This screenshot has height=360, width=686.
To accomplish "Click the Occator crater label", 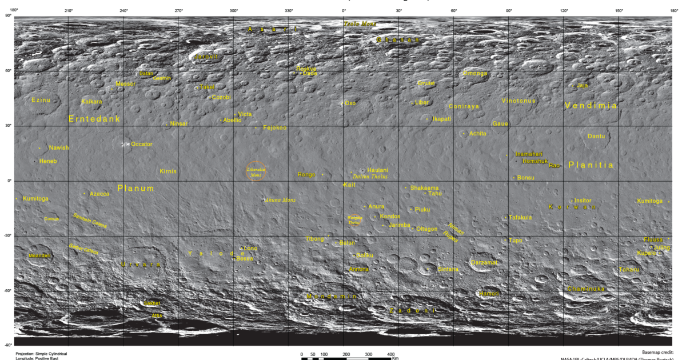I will [x=142, y=144].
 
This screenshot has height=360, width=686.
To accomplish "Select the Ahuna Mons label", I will [x=280, y=200].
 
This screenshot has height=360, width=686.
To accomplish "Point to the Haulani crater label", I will [x=378, y=170].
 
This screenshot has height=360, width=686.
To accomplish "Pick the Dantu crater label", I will [x=596, y=136].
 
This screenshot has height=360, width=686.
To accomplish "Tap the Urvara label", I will [x=141, y=265].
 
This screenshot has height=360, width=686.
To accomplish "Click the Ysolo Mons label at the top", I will [x=360, y=23].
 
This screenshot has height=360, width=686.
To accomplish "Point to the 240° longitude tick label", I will [x=123, y=11].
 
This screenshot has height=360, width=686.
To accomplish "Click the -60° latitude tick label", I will [x=8, y=291].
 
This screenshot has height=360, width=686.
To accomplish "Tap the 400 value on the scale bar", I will [x=390, y=355].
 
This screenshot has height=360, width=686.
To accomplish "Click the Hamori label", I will [x=489, y=294].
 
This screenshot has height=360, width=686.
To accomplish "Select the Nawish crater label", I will [x=58, y=147].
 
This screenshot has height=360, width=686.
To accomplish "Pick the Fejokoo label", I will [x=274, y=127].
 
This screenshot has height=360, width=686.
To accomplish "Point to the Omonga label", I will [x=475, y=73].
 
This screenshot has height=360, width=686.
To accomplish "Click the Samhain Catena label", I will [x=90, y=221].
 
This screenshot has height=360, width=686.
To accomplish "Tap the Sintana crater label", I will [x=448, y=269].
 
